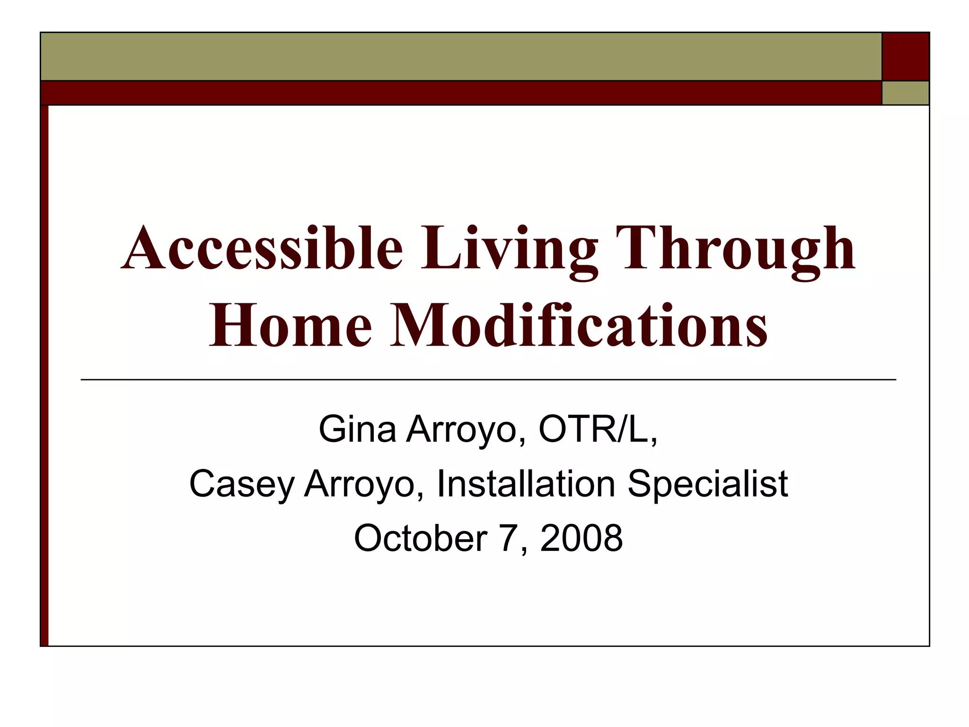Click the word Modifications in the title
(x=578, y=326)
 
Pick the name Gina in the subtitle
(x=357, y=429)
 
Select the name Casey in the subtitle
(x=242, y=484)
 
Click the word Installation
(x=526, y=484)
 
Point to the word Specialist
(x=708, y=484)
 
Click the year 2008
(x=581, y=539)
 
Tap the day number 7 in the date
(x=509, y=539)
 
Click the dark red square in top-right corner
(x=906, y=56)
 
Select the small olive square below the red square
(x=906, y=93)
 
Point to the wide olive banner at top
(x=461, y=56)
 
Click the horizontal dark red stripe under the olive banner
(x=461, y=93)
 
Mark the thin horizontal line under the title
(x=488, y=380)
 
